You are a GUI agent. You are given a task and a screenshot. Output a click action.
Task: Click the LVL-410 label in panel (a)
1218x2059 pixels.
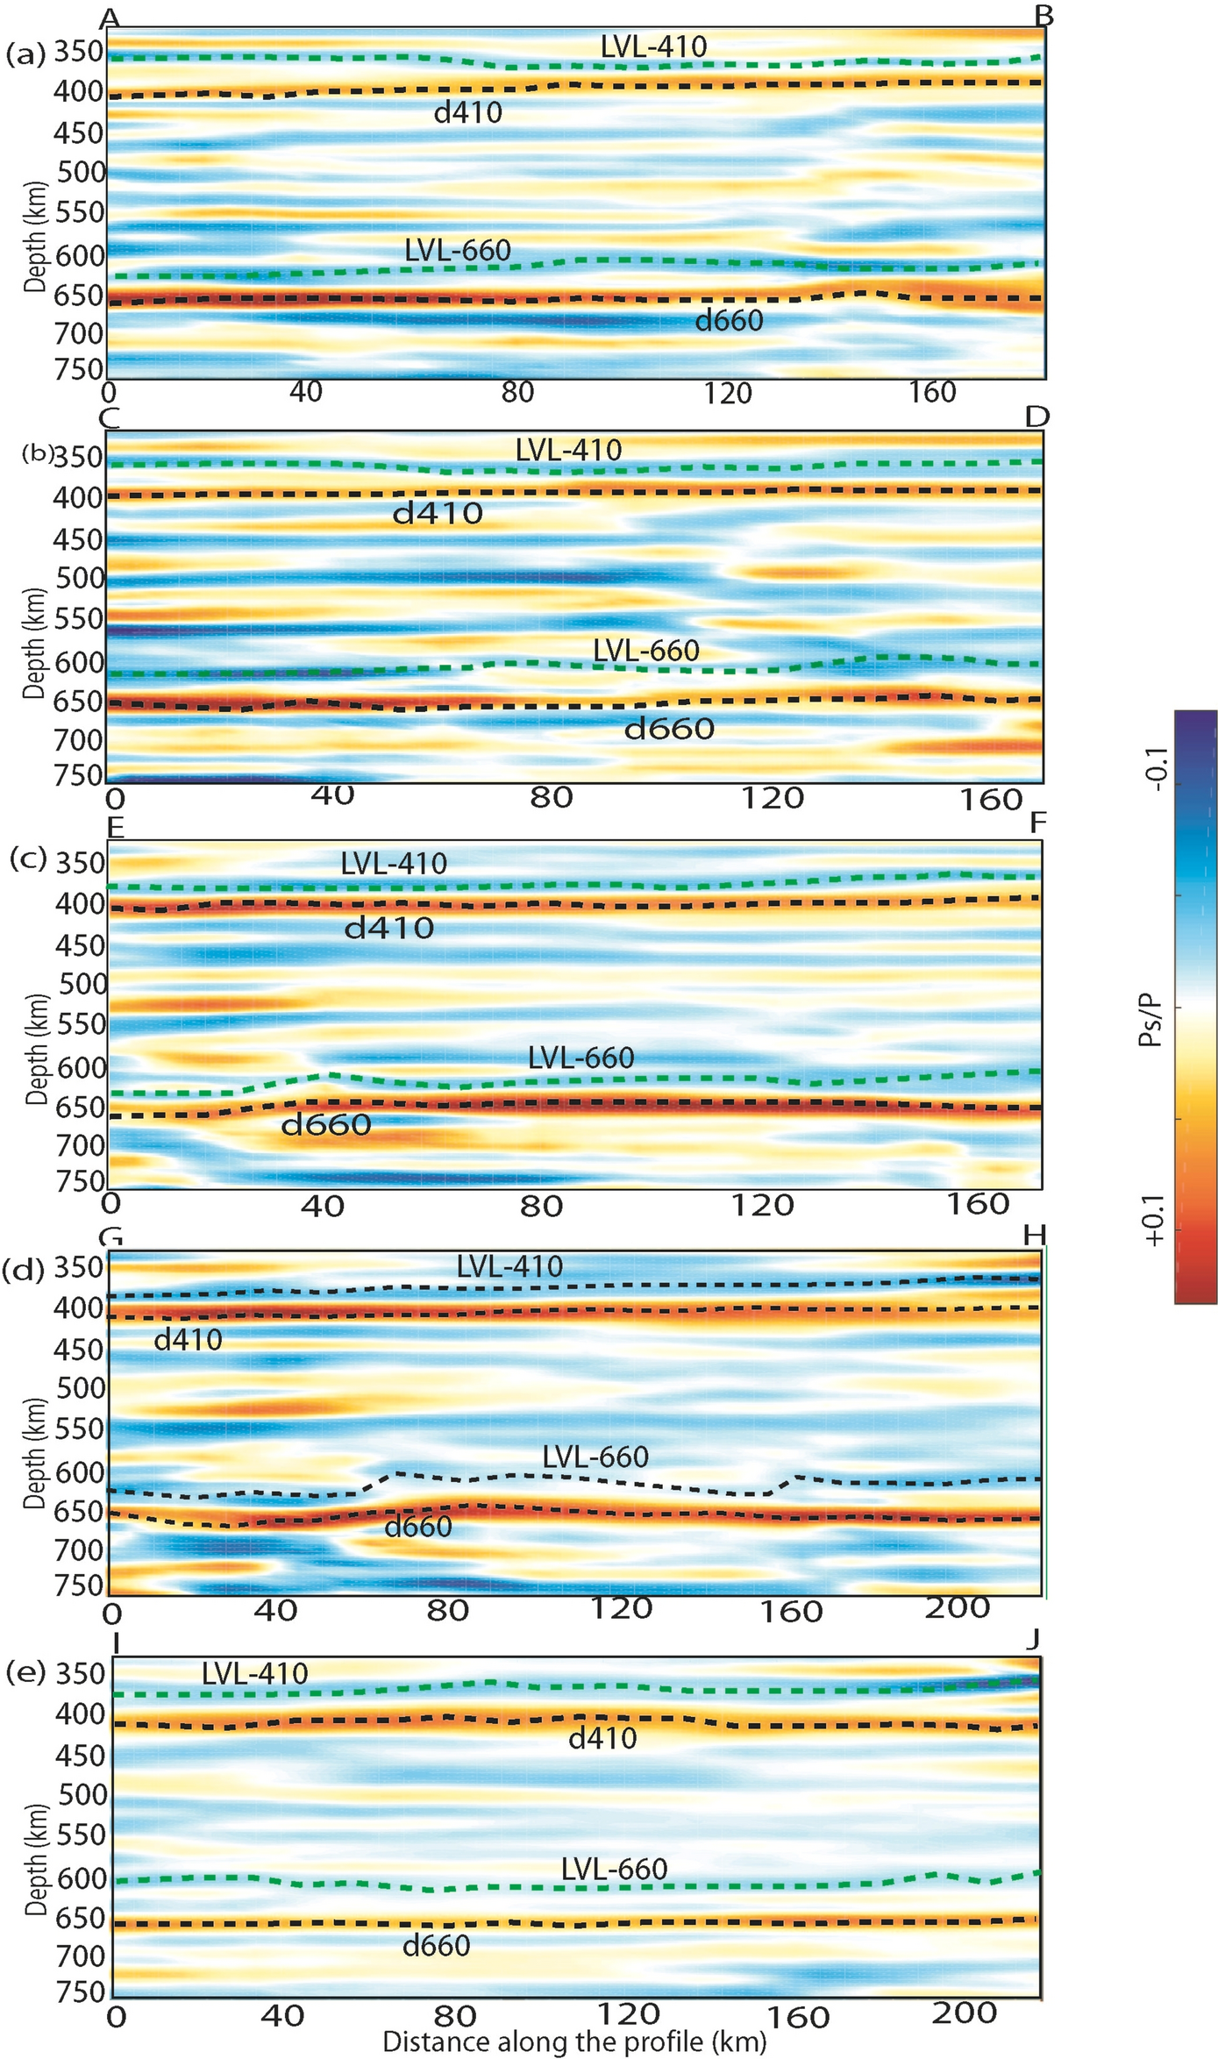[653, 46]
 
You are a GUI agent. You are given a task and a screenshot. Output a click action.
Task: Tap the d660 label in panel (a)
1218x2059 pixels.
[729, 321]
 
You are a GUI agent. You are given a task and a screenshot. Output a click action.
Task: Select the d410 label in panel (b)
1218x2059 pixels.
[437, 513]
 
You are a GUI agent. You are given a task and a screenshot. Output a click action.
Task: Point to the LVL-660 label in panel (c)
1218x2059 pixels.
[581, 1058]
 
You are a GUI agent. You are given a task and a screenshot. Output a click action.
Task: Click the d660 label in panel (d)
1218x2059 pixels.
[418, 1527]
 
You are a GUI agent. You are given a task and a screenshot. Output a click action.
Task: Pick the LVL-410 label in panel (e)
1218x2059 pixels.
[254, 1673]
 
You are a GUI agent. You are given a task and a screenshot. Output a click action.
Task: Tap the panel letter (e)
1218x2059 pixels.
[25, 1672]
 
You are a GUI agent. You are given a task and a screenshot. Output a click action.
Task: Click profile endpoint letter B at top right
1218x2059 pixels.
[1043, 16]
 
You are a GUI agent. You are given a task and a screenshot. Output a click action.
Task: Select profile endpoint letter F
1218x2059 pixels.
[1037, 823]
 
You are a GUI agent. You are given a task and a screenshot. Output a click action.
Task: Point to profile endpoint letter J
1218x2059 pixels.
[1036, 1638]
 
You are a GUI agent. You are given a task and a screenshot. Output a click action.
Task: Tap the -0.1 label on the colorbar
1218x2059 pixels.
[1156, 770]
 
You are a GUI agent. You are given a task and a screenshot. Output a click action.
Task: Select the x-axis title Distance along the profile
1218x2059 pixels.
[574, 2041]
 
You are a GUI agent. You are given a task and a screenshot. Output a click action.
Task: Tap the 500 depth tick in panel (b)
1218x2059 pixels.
[79, 578]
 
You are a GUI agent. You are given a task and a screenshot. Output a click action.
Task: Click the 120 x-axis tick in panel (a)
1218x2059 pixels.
[728, 394]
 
